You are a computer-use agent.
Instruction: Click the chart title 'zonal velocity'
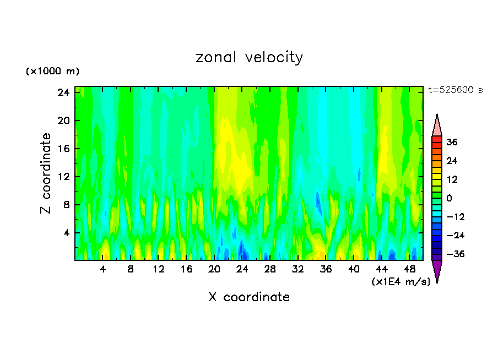[x=249, y=57]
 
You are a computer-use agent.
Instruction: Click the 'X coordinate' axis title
[x=249, y=297]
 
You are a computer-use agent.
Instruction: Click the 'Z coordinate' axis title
[x=46, y=173]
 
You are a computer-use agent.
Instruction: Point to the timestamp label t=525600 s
[x=455, y=90]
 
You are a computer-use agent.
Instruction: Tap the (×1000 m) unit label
[x=52, y=72]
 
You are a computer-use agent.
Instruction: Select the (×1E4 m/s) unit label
[x=400, y=282]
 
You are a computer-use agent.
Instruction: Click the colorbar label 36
[x=452, y=142]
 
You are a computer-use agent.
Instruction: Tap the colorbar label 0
[x=450, y=198]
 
